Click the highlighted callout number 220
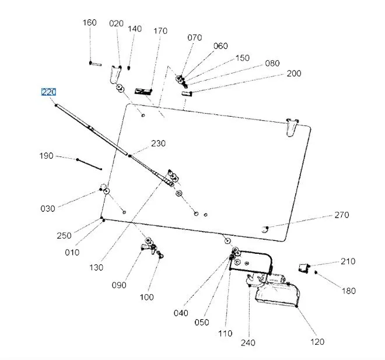pyautogui.click(x=48, y=92)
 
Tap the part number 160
pyautogui.click(x=89, y=23)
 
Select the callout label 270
pyautogui.click(x=341, y=215)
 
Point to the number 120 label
pyautogui.click(x=317, y=341)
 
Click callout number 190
pyautogui.click(x=46, y=156)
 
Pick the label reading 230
pyautogui.click(x=158, y=144)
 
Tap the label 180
pyautogui.click(x=348, y=291)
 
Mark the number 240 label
pyautogui.click(x=248, y=342)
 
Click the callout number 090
pyautogui.click(x=118, y=285)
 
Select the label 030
pyautogui.click(x=48, y=208)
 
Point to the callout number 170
pyautogui.click(x=160, y=31)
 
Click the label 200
pyautogui.click(x=294, y=74)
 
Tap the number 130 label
pyautogui.click(x=96, y=268)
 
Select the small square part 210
pyautogui.click(x=303, y=267)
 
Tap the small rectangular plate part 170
pyautogui.click(x=143, y=91)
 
